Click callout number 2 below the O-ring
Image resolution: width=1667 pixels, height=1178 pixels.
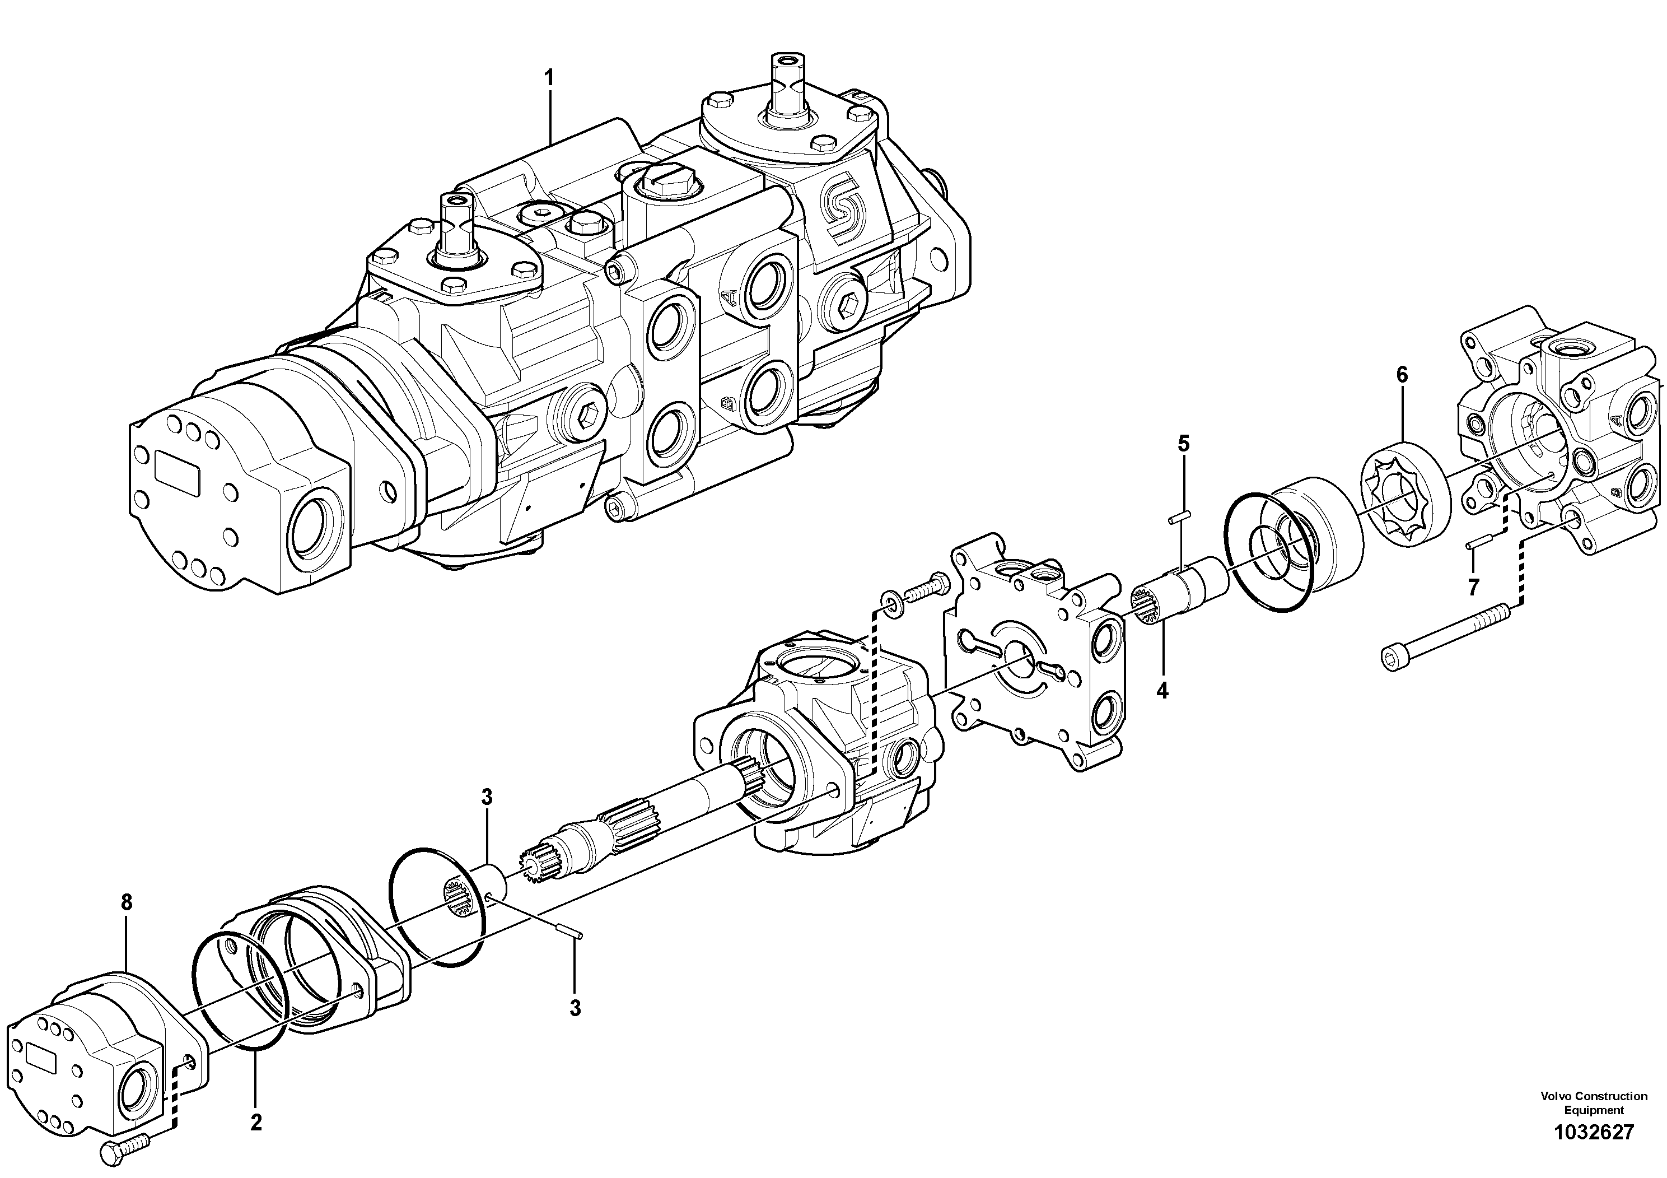point(255,1123)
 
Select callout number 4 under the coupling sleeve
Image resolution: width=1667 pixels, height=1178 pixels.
point(1162,691)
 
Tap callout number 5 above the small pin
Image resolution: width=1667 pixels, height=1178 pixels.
point(1183,443)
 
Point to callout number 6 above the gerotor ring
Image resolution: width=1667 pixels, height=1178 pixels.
point(1401,375)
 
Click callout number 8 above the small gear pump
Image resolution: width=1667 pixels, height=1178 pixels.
point(127,903)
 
